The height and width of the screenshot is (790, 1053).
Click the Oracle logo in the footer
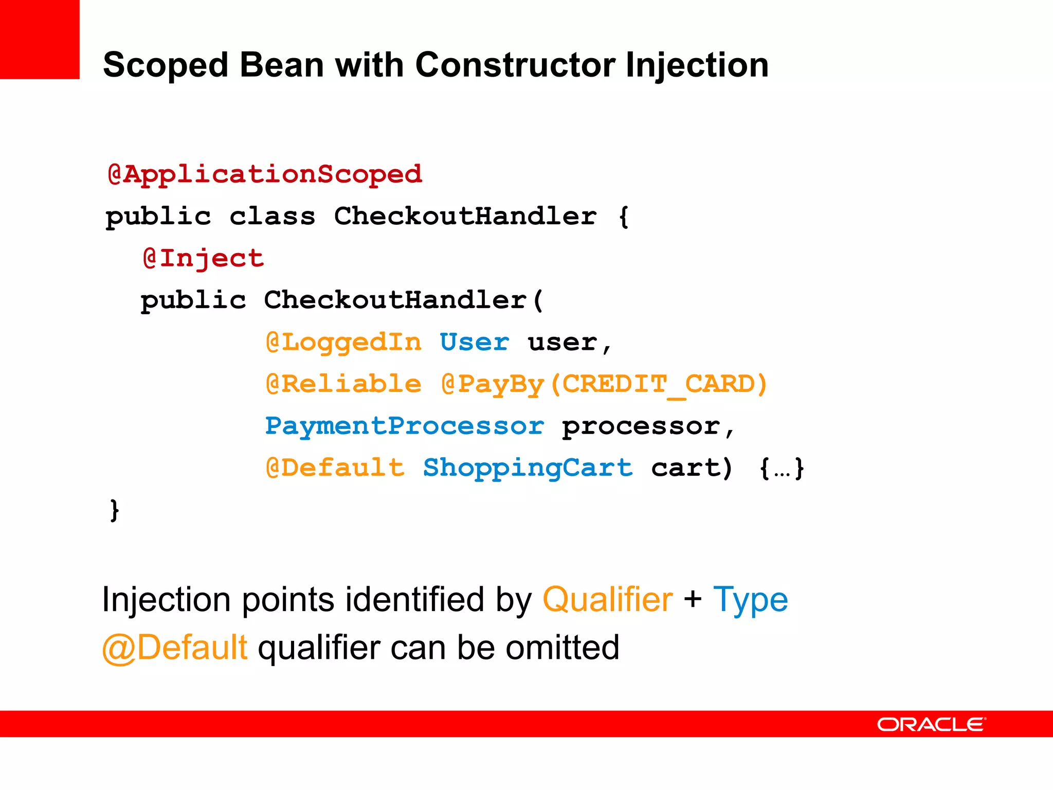[931, 724]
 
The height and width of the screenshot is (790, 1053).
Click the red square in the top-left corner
[40, 39]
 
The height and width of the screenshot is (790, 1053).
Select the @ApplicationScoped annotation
[265, 174]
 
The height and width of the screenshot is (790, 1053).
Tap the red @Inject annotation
[204, 258]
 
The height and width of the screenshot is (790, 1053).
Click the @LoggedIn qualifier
[343, 343]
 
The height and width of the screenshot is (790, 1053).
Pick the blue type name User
[475, 343]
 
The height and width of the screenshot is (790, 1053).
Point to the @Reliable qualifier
[343, 384]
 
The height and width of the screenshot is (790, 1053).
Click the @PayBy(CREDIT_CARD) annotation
[604, 384]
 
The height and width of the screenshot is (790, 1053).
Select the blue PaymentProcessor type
[404, 426]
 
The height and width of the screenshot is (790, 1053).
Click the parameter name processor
[641, 426]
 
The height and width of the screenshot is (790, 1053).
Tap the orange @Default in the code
[335, 468]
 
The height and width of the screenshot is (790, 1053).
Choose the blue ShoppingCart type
[528, 468]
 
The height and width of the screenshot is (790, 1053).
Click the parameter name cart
[686, 468]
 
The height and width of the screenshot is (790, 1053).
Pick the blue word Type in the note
[750, 600]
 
